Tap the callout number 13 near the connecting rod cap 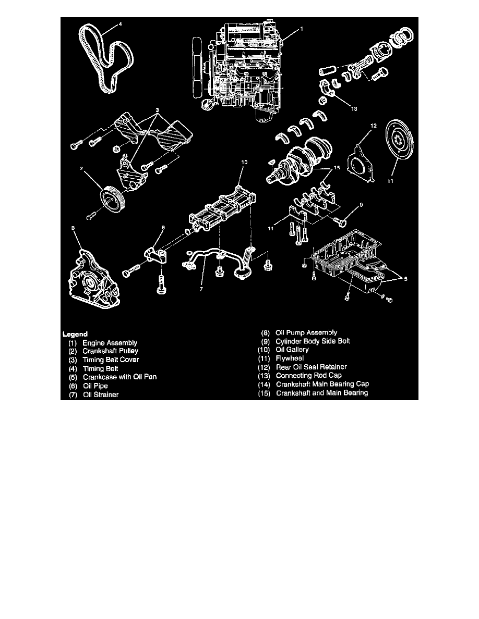(355, 109)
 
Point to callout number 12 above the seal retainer (373, 126)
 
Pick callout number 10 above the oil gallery (244, 162)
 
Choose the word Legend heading (75, 333)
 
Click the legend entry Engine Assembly (110, 343)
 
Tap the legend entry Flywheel (290, 358)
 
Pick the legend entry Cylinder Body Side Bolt (313, 341)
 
